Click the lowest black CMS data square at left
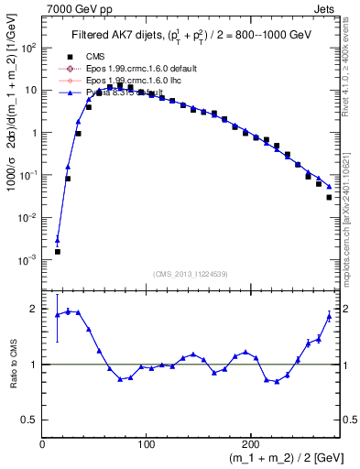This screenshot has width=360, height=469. coord(58,251)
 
